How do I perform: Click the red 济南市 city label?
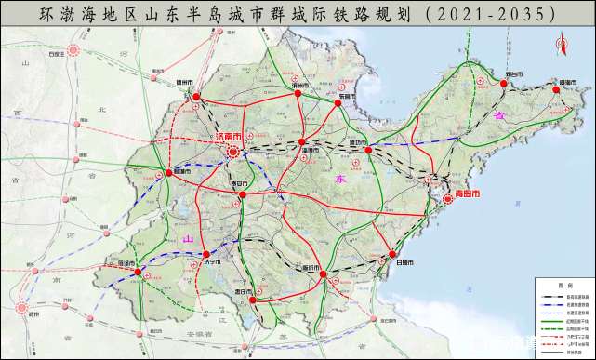[228, 136]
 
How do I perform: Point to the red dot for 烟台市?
[505, 85]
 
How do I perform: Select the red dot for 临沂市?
[323, 276]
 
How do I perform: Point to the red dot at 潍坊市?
[368, 150]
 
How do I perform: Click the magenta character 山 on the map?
[189, 240]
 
